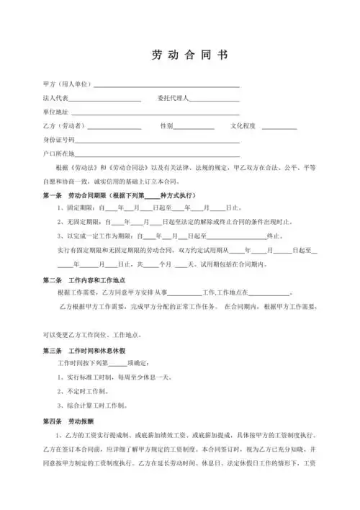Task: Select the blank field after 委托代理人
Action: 214,99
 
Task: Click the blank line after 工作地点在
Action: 269,294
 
